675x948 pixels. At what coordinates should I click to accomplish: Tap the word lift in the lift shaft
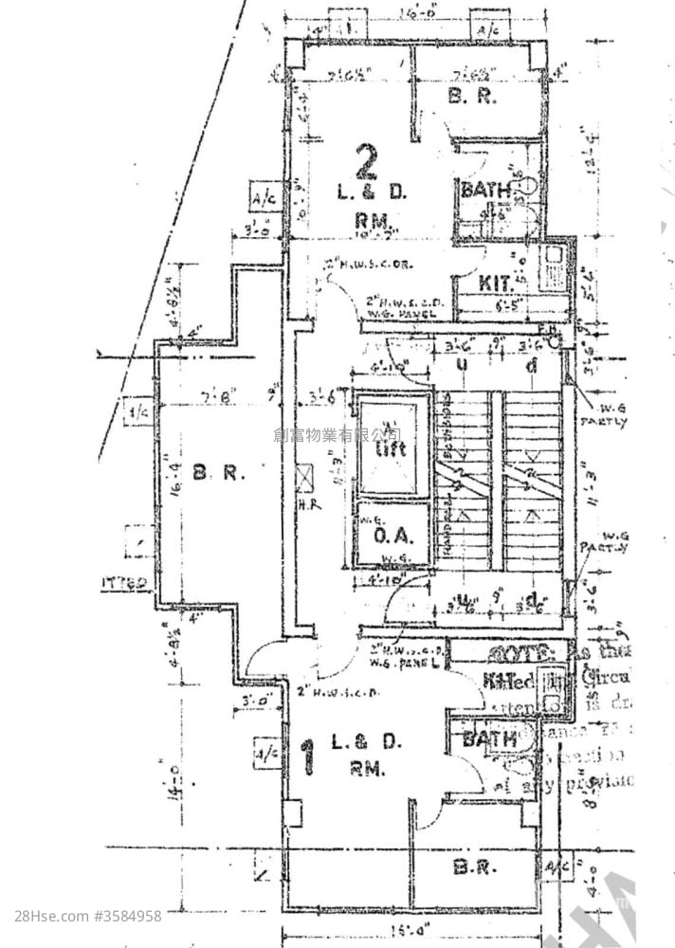[391, 447]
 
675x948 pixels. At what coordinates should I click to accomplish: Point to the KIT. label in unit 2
[495, 283]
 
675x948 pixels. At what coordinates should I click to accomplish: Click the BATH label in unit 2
[485, 191]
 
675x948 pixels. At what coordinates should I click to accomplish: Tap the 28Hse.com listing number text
[88, 916]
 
